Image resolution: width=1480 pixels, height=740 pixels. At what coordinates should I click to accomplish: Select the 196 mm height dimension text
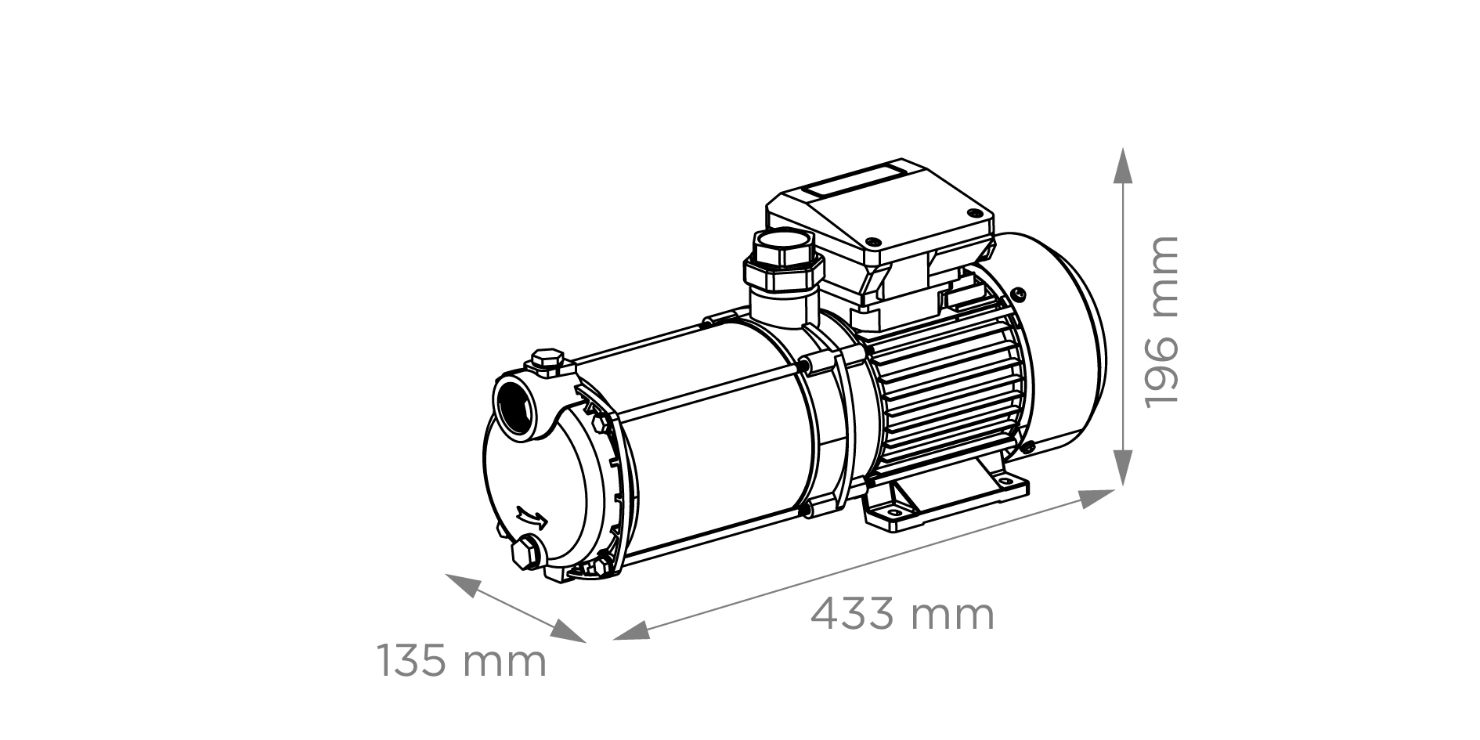(x=1161, y=321)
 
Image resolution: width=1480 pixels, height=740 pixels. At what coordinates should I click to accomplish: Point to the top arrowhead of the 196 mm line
(x=1123, y=166)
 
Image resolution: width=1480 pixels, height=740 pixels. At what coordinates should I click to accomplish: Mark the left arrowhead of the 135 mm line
(x=463, y=585)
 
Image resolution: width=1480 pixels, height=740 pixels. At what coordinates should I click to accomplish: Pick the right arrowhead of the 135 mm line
(x=569, y=631)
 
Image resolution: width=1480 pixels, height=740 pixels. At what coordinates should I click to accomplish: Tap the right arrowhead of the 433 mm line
(x=1097, y=498)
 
